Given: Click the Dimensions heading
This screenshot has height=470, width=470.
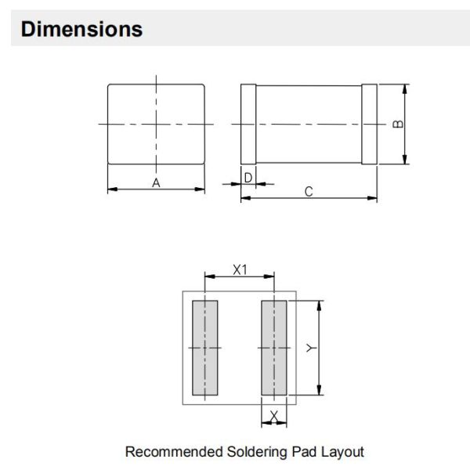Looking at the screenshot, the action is click(81, 30).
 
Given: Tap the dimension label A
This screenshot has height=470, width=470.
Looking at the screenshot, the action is click(156, 183).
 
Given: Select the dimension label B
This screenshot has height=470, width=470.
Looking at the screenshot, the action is click(398, 124).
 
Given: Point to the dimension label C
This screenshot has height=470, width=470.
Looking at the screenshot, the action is click(309, 192).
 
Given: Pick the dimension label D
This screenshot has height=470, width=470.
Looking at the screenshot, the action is click(248, 178).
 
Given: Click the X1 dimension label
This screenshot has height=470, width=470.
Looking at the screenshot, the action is click(240, 269).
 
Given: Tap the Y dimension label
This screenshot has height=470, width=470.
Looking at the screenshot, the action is click(311, 348).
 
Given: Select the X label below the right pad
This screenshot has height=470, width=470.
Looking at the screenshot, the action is click(274, 416).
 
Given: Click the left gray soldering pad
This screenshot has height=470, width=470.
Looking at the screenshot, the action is click(205, 348).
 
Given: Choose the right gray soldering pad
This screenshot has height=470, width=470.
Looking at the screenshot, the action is click(274, 348).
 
